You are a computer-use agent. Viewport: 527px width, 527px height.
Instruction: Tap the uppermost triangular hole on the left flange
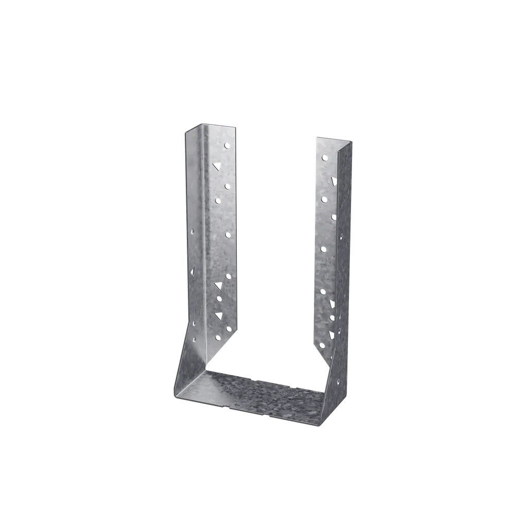point(217,166)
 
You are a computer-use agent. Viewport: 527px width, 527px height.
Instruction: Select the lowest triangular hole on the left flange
point(218,314)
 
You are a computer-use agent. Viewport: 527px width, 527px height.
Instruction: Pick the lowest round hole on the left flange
point(218,338)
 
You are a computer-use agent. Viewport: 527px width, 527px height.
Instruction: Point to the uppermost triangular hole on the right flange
point(333,180)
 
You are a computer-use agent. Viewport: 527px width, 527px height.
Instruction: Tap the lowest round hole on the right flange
point(322,345)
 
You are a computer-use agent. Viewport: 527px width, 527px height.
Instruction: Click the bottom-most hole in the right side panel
point(338,382)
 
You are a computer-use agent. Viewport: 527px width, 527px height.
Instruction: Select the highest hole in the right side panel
point(342,238)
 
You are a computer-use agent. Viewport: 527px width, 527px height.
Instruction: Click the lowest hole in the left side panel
point(195,340)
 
